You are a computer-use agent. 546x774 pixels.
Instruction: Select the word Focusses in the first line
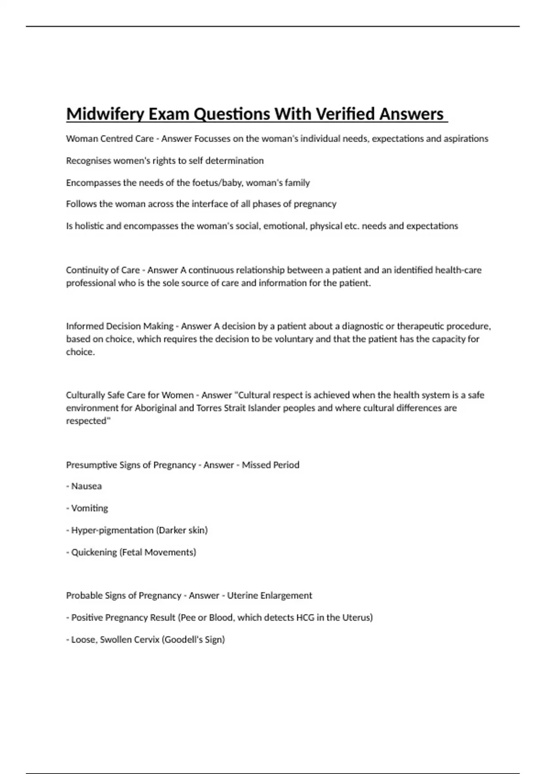pos(212,139)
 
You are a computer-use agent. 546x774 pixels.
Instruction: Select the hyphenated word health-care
pos(458,270)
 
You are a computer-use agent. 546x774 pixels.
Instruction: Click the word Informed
pos(85,326)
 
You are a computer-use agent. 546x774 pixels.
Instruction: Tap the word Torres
pos(209,408)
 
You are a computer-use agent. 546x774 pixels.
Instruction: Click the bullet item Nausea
pos(86,486)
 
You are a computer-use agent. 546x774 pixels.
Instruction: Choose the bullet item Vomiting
pos(90,508)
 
